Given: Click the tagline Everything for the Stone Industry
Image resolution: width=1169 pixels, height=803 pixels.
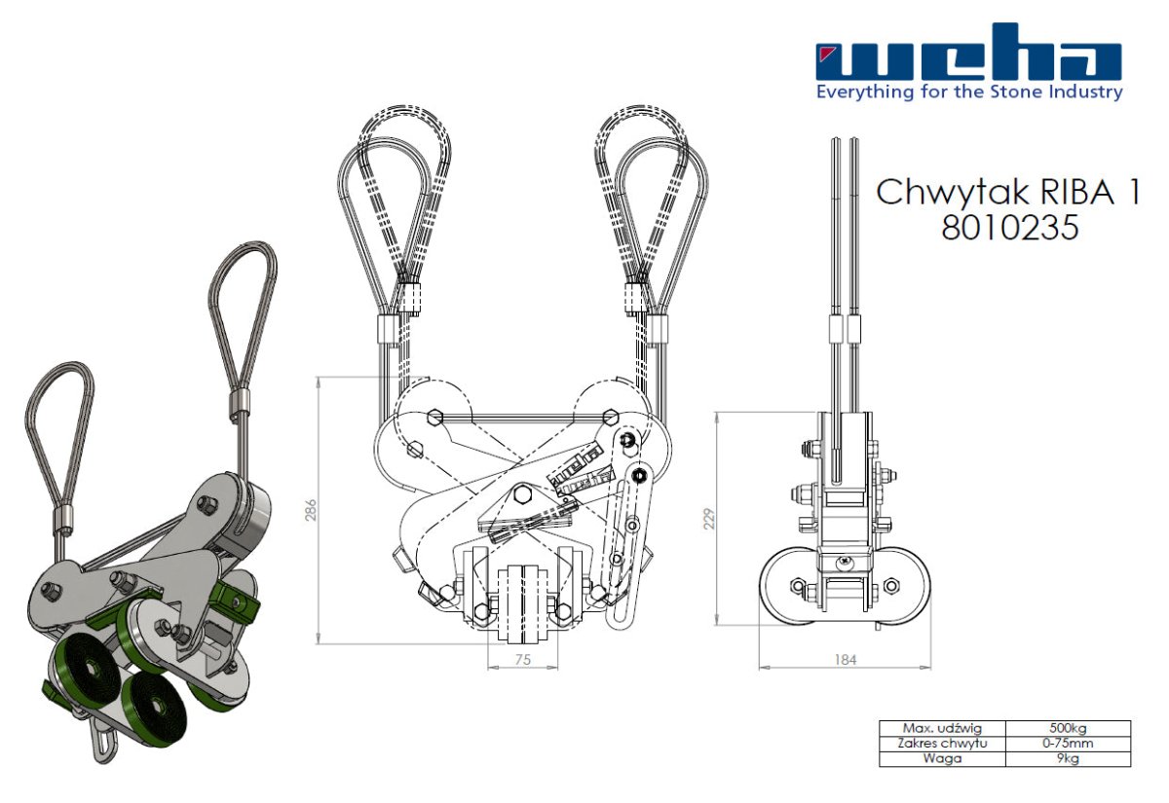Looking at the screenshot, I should click(x=968, y=92).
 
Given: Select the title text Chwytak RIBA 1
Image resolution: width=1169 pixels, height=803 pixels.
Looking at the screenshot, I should click(x=1007, y=191).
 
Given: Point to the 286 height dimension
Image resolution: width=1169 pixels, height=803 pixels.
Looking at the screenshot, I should click(x=311, y=510).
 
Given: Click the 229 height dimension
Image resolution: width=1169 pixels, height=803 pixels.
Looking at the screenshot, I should click(x=708, y=518).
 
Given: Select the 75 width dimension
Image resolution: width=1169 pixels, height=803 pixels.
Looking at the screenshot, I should click(x=523, y=658).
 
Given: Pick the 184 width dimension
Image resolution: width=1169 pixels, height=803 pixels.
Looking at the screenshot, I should click(x=845, y=660).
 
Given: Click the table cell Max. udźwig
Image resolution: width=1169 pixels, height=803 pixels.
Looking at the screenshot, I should click(x=942, y=728).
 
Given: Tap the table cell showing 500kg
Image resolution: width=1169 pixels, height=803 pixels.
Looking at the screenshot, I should click(x=1068, y=728).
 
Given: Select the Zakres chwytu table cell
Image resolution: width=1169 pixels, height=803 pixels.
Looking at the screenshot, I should click(x=942, y=743).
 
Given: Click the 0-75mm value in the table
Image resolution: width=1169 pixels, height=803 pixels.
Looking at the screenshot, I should click(x=1068, y=743).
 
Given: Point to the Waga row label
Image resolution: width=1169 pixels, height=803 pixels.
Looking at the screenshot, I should click(x=942, y=758).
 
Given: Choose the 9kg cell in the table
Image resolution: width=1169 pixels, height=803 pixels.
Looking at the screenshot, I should click(x=1068, y=758).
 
